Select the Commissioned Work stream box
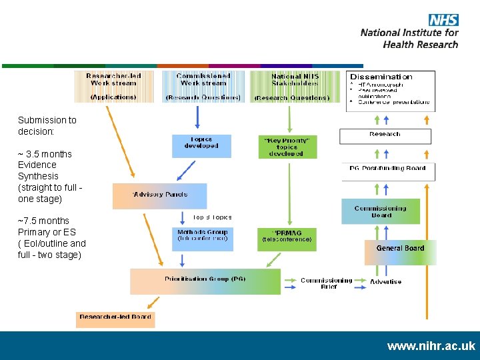coord(203,87)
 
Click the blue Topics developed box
coord(201,145)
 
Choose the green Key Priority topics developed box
coord(287,147)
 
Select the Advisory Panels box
coord(160,195)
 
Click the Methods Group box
coord(203,238)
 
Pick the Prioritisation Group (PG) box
coord(205,281)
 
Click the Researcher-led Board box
coord(115,319)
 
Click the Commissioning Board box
coord(381,211)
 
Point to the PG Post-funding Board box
coord(387,171)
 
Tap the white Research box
coord(385,135)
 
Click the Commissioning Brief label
coord(327,283)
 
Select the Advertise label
coord(386,282)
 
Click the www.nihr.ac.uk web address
coord(431,346)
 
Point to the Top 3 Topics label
coord(212,217)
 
